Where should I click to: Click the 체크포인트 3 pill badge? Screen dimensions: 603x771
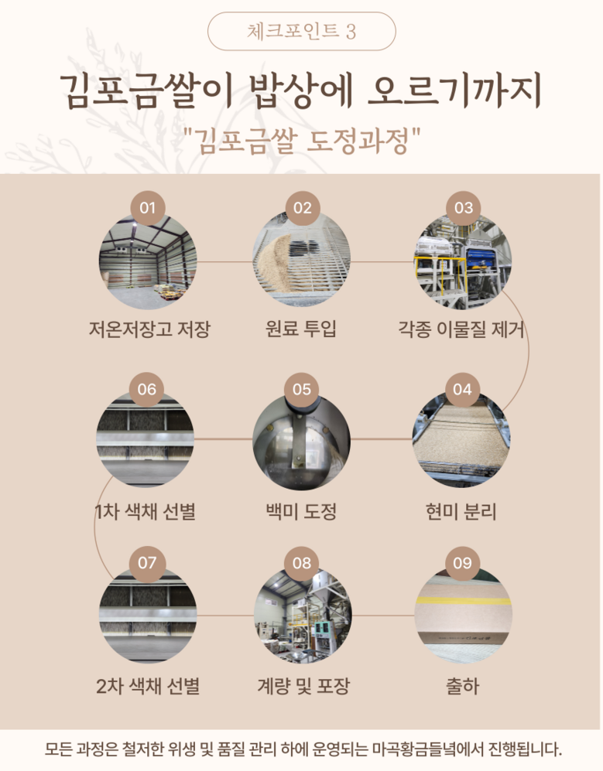coord(301,32)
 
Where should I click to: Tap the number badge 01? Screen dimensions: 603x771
coord(147,208)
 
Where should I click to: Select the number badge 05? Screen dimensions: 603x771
coord(302,390)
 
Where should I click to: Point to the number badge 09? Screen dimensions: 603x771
coord(462,563)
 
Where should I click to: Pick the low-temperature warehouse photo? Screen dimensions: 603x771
coord(148,261)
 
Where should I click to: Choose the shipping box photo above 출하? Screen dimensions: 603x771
coord(463,615)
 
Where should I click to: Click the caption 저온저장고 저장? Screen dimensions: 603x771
coord(149,329)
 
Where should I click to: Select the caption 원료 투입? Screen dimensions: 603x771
coord(301,329)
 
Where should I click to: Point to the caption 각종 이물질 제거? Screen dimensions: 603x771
coord(461,329)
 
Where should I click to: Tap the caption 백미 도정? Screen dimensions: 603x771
coord(301,512)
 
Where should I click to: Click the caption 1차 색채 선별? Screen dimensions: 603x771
coord(146,512)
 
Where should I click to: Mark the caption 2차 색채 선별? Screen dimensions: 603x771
coord(148,686)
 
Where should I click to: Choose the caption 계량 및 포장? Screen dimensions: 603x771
coord(303,686)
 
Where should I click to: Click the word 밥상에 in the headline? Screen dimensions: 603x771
coord(301,91)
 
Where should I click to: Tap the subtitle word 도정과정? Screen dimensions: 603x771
coord(358,141)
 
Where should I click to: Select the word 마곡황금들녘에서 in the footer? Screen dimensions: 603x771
coord(428,749)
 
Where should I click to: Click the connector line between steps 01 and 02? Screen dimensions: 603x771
coord(224,261)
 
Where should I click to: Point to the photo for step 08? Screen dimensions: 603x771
coord(303,615)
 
